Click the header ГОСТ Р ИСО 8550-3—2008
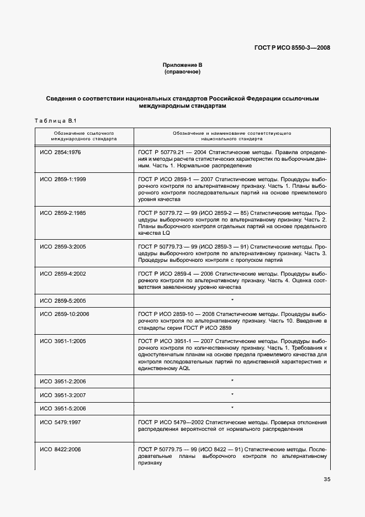coord(293,48)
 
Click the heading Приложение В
coord(182,65)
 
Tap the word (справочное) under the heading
coord(182,72)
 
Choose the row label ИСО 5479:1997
coord(61,423)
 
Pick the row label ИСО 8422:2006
coord(61,450)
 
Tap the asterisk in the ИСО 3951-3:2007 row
coord(232,395)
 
